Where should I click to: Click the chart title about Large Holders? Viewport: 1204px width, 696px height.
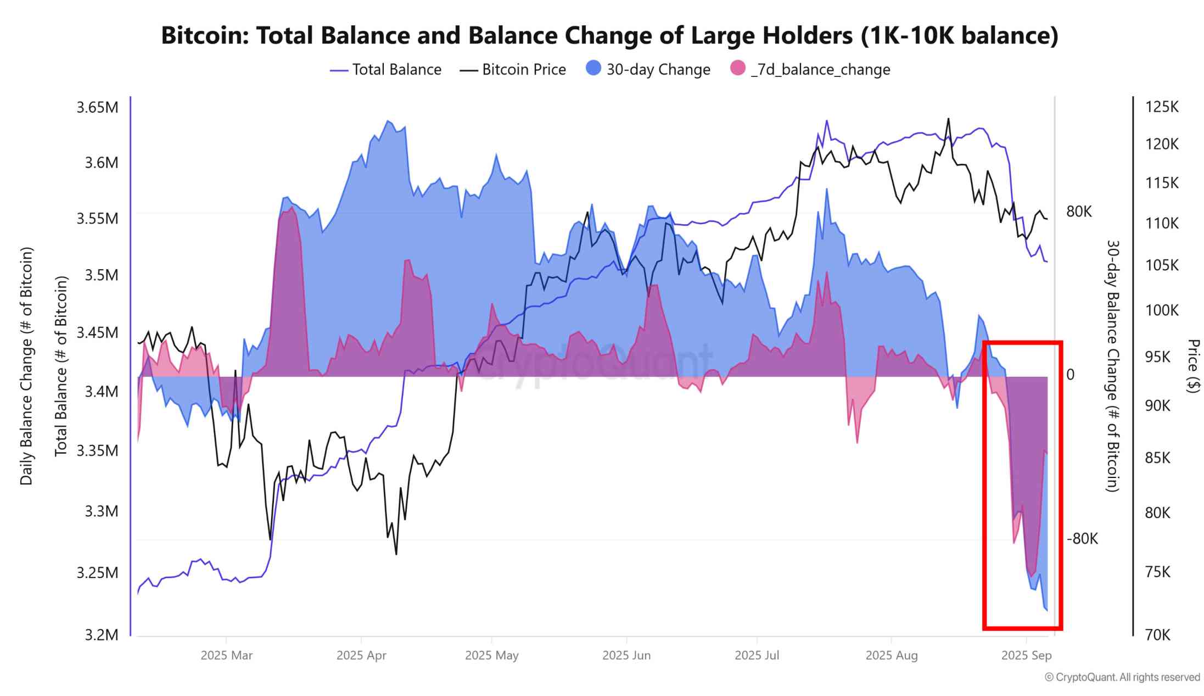click(609, 36)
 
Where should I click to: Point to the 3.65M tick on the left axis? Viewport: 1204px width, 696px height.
click(97, 107)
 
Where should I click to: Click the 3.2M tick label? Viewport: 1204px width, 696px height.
click(102, 635)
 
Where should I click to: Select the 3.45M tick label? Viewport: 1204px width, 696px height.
click(97, 332)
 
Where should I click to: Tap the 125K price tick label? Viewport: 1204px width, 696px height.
click(1162, 107)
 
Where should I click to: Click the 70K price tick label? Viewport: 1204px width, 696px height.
click(1158, 635)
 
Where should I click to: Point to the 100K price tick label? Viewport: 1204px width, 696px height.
click(1162, 310)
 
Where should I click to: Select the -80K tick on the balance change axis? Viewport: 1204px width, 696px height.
click(1082, 539)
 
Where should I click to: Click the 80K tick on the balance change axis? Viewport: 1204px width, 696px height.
click(1079, 211)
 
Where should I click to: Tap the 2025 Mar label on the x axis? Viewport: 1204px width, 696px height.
click(226, 655)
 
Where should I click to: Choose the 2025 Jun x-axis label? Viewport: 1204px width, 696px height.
click(626, 655)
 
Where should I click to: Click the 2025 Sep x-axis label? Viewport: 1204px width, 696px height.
click(1026, 655)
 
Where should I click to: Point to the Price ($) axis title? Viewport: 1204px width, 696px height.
click(1193, 366)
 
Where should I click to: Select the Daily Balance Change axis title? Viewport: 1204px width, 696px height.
click(26, 366)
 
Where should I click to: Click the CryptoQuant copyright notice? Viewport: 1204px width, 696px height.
click(1122, 677)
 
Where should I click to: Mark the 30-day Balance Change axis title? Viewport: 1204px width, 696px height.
click(1112, 366)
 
